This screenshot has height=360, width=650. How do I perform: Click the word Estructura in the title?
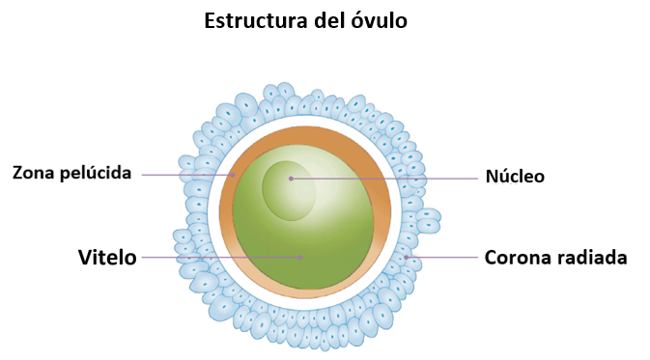point(257,20)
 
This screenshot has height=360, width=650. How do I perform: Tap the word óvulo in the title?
point(380,20)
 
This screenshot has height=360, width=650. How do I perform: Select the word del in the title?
point(330,20)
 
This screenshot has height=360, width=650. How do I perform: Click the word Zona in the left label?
point(34,173)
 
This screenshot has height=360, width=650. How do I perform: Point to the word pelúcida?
point(96,173)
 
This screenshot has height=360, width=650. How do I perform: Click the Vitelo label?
point(107,258)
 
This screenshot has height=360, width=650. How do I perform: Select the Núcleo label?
point(515,176)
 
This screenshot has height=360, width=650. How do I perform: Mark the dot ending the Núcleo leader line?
point(291,179)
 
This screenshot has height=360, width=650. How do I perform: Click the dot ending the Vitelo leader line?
point(301,258)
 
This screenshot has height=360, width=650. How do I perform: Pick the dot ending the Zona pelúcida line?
point(233,175)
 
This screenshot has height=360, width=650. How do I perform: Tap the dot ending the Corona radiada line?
point(407,258)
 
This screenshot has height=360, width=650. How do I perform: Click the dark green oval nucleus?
point(289,190)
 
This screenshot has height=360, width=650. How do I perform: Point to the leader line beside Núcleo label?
point(384,179)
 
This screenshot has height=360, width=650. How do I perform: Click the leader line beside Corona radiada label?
point(442,258)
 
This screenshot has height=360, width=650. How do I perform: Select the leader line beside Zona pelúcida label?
point(187,175)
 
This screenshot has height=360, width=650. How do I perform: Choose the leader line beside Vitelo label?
point(221,258)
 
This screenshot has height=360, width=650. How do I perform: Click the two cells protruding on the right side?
point(428,221)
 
